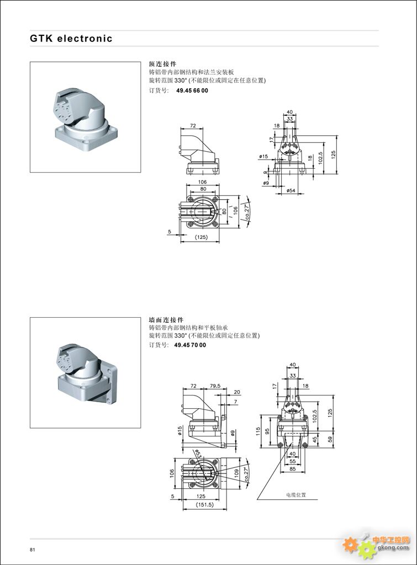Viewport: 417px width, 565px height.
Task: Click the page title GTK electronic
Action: pos(71,39)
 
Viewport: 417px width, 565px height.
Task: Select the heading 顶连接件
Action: pos(162,64)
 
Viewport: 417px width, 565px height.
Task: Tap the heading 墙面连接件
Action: pos(166,319)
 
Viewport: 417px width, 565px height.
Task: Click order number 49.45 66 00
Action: pos(192,90)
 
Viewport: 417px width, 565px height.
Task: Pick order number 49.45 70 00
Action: pos(189,345)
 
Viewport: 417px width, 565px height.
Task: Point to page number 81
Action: pos(33,549)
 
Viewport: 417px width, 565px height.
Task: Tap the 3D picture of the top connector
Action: pos(84,117)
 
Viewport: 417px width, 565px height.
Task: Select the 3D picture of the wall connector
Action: pos(84,372)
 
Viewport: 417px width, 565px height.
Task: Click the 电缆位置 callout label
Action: pos(295,494)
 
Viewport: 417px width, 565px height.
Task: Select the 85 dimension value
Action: pos(293,470)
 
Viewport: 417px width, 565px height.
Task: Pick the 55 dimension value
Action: pos(293,461)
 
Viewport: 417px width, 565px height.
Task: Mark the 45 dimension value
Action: pos(315,440)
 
